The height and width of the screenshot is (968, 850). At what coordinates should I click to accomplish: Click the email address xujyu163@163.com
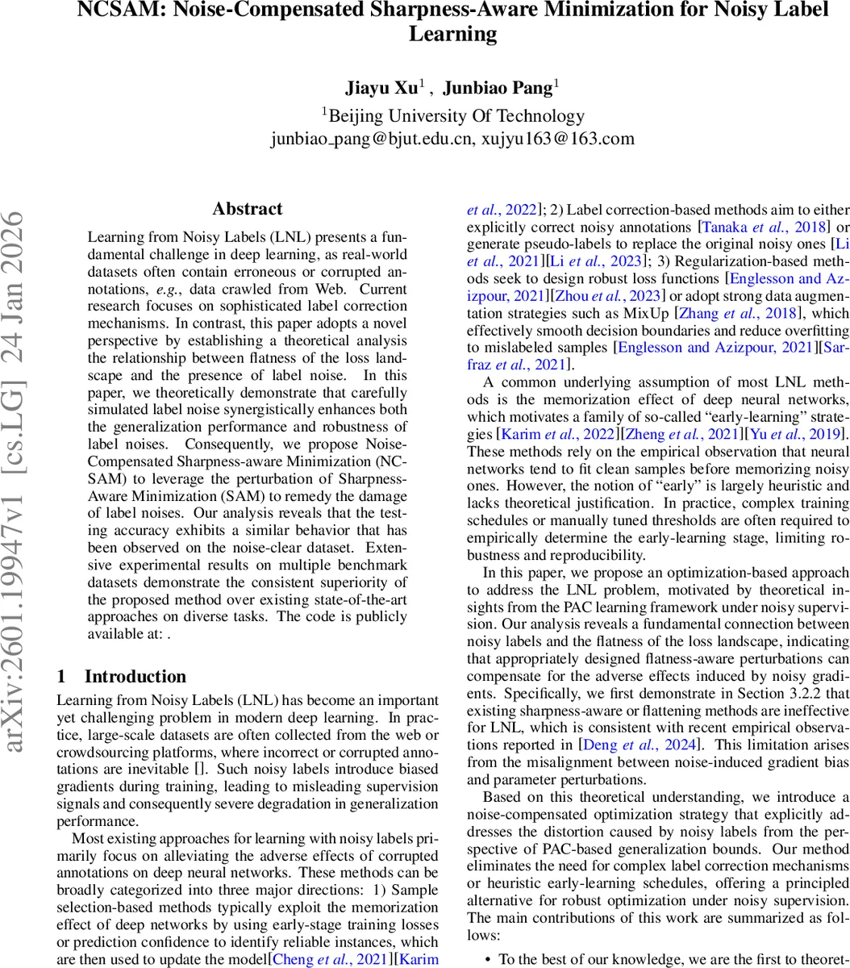pyautogui.click(x=558, y=138)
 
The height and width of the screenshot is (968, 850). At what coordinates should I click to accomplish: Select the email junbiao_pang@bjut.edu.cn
pyautogui.click(x=372, y=138)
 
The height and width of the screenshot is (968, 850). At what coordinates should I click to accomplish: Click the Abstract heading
pyautogui.click(x=248, y=209)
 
